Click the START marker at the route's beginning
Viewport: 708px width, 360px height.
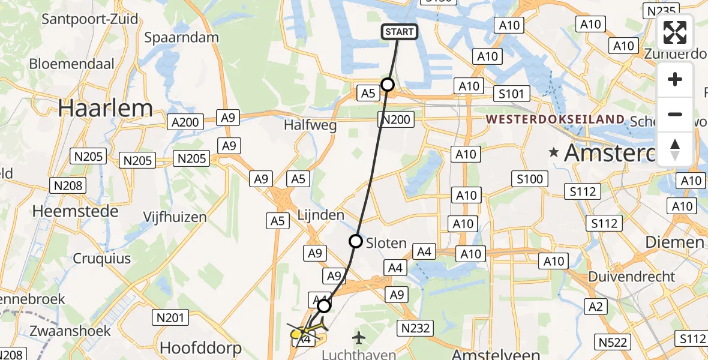tap(399, 32)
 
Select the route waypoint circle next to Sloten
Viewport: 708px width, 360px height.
tap(356, 242)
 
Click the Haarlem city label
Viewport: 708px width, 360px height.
tap(106, 108)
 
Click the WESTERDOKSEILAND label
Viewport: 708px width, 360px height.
tap(555, 119)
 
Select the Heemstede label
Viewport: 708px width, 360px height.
tap(61, 211)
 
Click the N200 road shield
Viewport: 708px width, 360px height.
tap(395, 119)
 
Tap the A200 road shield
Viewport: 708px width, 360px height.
tap(184, 122)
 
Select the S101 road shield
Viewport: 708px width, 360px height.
tap(511, 94)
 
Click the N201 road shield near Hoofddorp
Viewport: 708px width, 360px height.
tap(172, 317)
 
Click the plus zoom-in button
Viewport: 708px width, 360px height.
tap(675, 80)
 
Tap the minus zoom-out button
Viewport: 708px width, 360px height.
tap(675, 114)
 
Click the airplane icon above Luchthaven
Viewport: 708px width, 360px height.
tap(359, 337)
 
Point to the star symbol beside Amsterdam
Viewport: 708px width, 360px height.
tap(554, 152)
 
